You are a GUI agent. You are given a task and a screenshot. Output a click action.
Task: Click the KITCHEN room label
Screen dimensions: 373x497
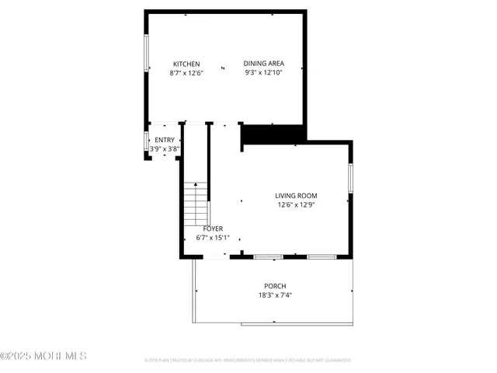[x=186, y=64]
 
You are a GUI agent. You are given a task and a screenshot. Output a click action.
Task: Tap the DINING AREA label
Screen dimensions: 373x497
[x=262, y=64]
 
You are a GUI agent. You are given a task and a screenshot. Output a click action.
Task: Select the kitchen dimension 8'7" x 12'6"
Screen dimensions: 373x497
[x=186, y=73]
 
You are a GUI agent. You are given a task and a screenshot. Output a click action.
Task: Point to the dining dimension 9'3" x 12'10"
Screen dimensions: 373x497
[x=262, y=73]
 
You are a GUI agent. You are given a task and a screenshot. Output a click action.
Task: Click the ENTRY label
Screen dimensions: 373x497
[x=165, y=140]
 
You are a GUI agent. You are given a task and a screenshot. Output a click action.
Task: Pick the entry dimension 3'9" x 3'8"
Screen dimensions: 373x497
[x=165, y=148]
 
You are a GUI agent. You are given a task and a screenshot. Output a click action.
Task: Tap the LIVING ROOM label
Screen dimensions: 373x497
[x=296, y=196]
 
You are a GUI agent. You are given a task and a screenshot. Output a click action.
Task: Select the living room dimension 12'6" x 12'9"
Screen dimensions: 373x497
[x=296, y=205]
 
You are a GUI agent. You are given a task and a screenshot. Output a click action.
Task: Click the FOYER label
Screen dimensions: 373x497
[x=214, y=228]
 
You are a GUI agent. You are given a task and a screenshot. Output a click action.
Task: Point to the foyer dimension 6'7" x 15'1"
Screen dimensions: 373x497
[x=214, y=238]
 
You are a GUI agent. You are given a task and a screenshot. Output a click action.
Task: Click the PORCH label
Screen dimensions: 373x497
[x=275, y=285]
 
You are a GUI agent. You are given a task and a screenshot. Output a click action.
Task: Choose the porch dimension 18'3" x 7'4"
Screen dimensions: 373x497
[x=275, y=295]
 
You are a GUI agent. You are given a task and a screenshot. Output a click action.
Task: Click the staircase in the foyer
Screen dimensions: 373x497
[x=197, y=206]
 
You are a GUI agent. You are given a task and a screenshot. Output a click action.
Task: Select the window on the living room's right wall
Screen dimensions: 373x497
[x=351, y=178]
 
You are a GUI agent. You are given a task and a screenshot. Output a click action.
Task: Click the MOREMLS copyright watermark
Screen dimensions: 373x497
[x=43, y=356]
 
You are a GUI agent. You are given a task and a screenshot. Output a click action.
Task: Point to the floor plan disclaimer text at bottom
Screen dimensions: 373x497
[x=248, y=361]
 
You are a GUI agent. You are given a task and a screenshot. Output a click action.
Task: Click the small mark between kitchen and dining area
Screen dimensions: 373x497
[x=223, y=68]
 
